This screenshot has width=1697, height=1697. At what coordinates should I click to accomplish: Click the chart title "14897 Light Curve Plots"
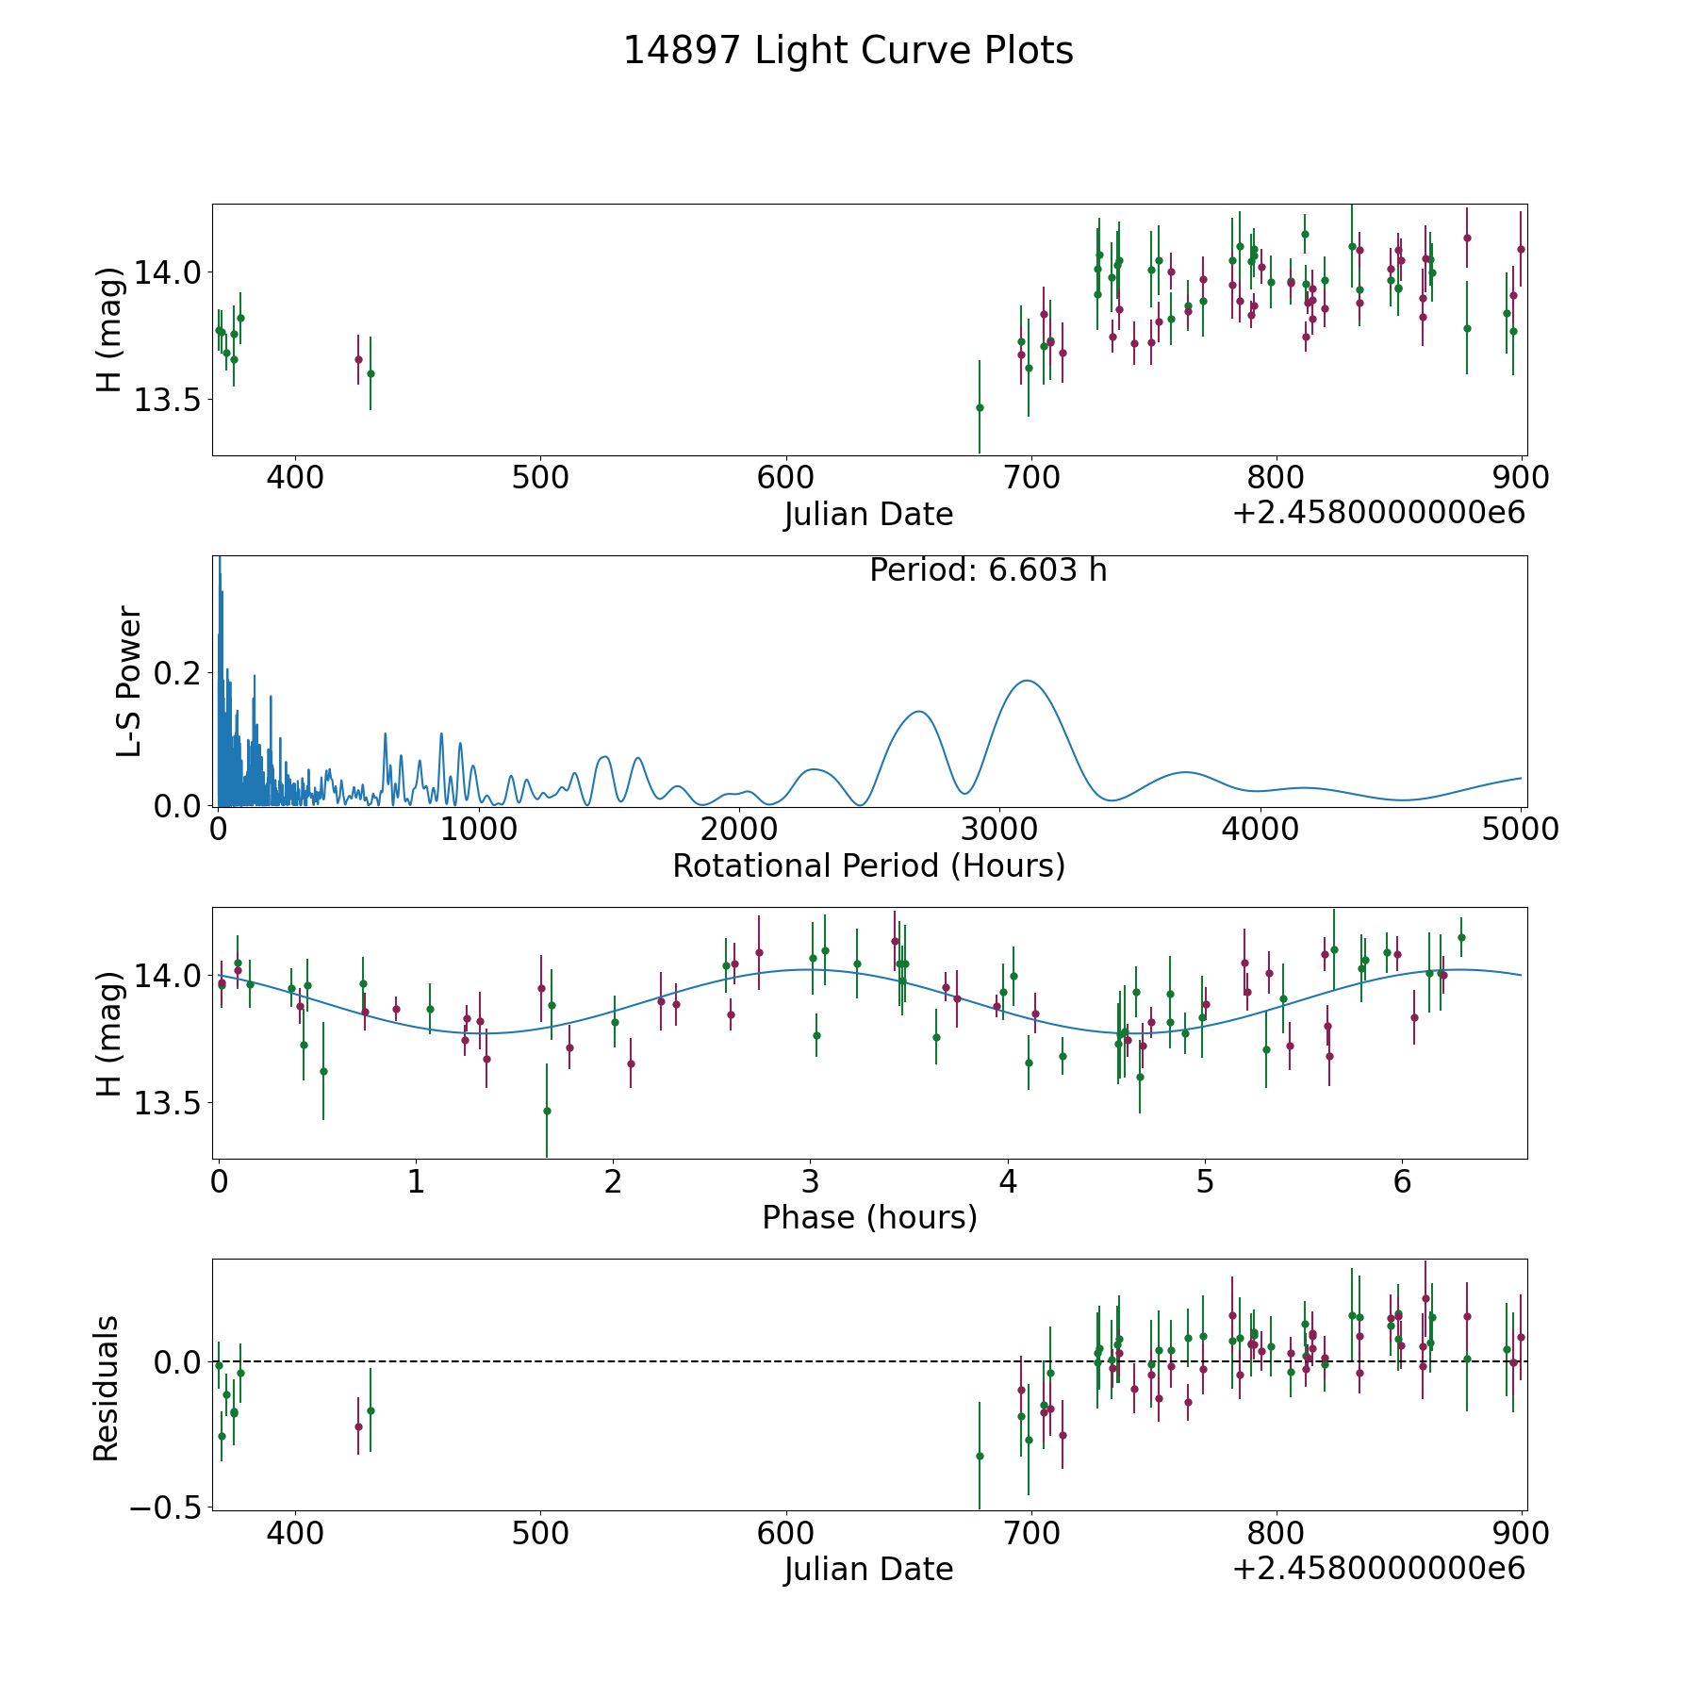coord(848,51)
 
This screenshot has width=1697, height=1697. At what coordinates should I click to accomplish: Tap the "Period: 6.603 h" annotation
coord(988,570)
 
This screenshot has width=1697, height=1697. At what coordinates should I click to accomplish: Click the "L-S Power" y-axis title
coord(130,682)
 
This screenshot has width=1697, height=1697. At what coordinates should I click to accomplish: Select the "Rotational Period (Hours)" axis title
coord(868,865)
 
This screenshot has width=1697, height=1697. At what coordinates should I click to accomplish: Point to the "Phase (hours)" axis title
coord(869,1217)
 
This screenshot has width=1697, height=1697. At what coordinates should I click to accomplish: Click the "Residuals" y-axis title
coord(107,1388)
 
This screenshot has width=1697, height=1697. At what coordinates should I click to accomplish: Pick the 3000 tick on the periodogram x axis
coord(999,829)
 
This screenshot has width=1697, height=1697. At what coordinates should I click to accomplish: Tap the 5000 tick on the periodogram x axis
coord(1521,829)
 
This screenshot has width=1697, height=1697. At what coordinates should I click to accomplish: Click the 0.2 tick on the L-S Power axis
coord(179,673)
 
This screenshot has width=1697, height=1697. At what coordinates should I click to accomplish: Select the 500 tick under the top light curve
coord(540,477)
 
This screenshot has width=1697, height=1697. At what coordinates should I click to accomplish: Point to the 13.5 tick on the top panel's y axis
coord(166,400)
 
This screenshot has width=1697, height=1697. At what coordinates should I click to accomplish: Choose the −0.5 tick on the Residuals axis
coord(159,1508)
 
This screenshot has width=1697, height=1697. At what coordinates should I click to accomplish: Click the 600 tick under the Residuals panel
coord(785,1533)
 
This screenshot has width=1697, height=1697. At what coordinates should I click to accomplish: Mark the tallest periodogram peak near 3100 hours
coord(1026,681)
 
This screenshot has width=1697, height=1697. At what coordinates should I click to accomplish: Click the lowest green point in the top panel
coord(980,407)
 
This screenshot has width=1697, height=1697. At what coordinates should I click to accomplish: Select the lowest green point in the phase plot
coord(547,1111)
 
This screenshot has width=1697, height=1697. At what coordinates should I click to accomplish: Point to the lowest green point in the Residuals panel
coord(980,1456)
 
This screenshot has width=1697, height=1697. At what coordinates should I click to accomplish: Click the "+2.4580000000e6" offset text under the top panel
coord(1378,513)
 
